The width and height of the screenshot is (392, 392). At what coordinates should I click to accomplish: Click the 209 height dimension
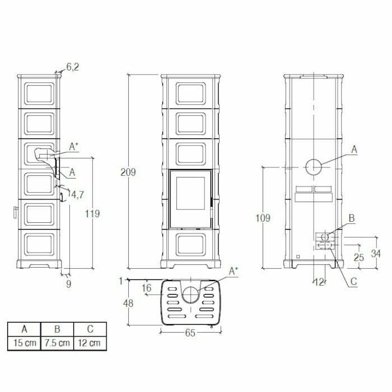[128, 172]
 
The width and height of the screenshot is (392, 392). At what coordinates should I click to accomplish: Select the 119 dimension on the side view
[93, 213]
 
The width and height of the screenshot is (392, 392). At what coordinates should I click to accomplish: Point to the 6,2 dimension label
[73, 67]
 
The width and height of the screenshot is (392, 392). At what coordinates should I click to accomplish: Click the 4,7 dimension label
[78, 194]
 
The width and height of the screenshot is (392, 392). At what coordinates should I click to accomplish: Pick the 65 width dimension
[190, 333]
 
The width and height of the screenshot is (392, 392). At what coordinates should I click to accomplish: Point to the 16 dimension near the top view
[147, 288]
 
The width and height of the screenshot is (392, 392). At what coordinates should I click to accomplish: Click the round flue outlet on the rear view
[313, 166]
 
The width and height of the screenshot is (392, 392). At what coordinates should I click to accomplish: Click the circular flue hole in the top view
[190, 294]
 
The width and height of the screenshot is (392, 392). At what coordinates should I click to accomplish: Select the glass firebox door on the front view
[190, 199]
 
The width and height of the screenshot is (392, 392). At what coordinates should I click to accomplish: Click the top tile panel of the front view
[190, 93]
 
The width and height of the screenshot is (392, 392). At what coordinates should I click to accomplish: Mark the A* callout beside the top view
[234, 270]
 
